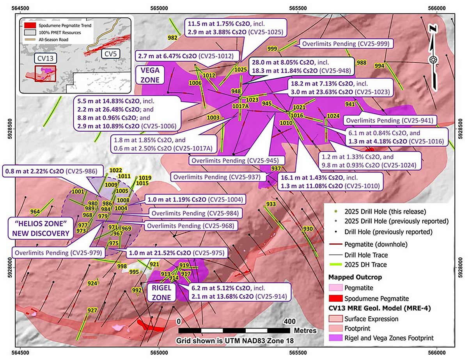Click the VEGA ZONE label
click(149, 74)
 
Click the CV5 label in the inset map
click(112, 54)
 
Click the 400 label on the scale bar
click(289, 322)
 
